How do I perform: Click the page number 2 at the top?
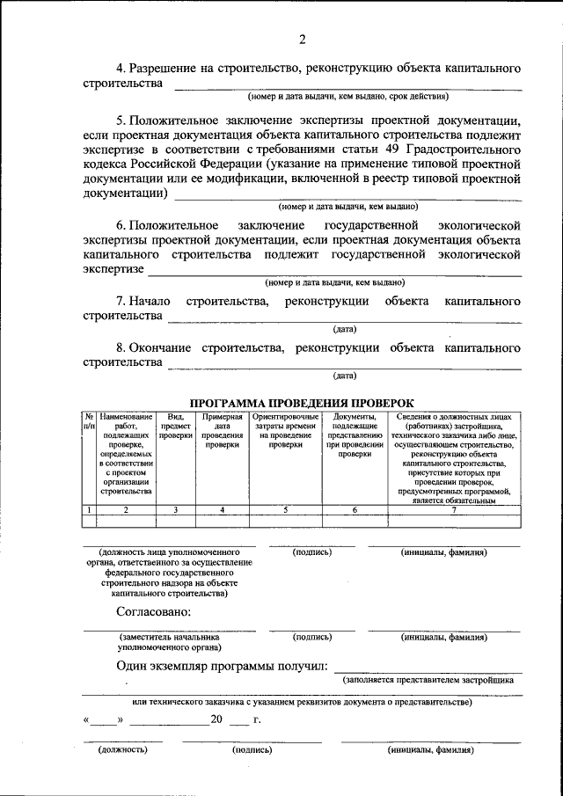302,39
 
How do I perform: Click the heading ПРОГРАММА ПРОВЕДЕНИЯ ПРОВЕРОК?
302,402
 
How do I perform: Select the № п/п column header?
89,421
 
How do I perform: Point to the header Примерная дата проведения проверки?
222,430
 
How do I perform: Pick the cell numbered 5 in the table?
285,510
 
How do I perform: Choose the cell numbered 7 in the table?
454,510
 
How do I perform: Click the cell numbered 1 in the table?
89,510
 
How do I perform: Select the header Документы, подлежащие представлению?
355,435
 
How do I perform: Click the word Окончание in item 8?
163,347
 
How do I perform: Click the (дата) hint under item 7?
344,330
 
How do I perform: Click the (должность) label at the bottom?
123,750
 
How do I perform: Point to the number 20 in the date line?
216,719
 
